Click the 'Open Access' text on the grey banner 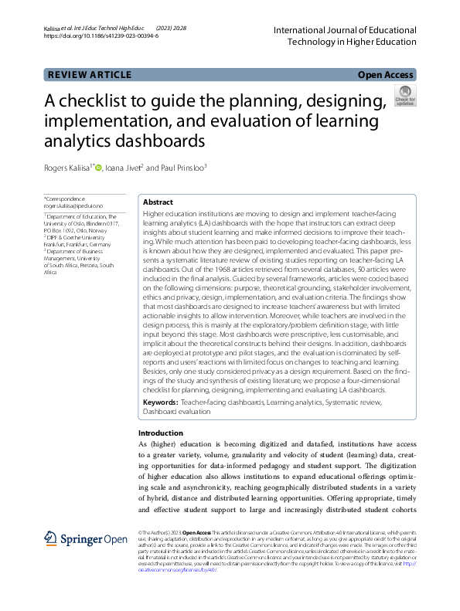[x=387, y=74]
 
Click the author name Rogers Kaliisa [x=68, y=168]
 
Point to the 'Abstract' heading [x=158, y=202]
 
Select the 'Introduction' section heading [x=161, y=433]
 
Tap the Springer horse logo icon [x=51, y=538]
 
